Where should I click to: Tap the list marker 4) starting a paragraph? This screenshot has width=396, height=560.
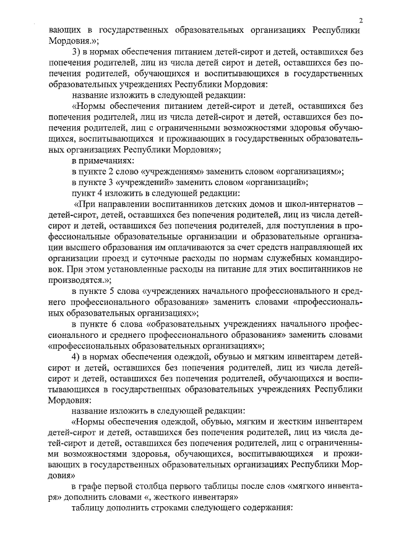[x=77, y=356]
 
